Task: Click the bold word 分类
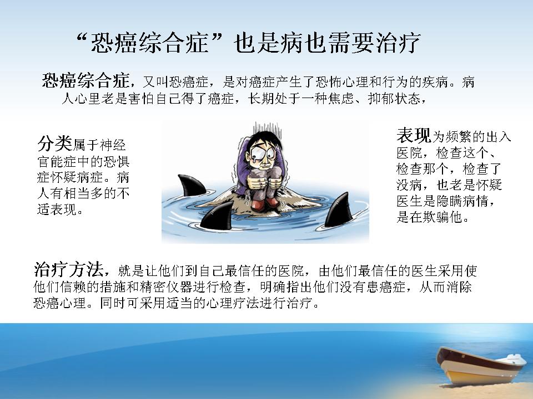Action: click(55, 144)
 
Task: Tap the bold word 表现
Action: click(414, 135)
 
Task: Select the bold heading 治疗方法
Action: click(68, 270)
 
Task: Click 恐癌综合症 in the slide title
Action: click(149, 43)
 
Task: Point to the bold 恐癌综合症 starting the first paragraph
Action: click(86, 80)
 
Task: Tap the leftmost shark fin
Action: click(192, 186)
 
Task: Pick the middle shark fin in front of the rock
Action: click(218, 216)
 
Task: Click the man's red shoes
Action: click(265, 203)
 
